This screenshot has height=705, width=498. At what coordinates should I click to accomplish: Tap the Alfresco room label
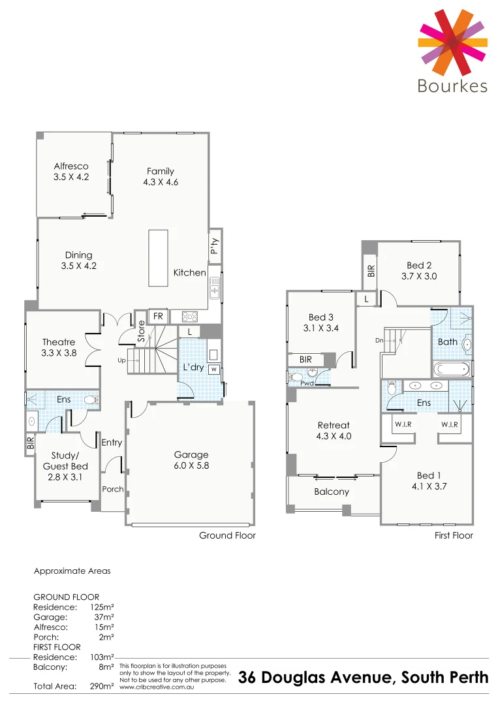tap(71, 166)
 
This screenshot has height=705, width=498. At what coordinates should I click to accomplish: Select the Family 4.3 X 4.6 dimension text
tap(161, 183)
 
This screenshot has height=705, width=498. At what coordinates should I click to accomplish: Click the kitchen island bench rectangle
tap(158, 251)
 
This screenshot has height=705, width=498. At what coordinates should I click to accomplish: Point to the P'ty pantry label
tap(215, 246)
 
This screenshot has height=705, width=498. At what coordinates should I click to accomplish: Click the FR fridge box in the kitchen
tap(158, 317)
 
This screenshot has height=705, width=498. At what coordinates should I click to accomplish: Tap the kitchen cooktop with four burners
tap(190, 317)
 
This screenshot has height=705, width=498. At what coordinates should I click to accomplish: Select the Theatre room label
tap(59, 342)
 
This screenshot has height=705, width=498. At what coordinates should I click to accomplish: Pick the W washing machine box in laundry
tap(213, 368)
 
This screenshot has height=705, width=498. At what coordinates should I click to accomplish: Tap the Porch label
tap(113, 489)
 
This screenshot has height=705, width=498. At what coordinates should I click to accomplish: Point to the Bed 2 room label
tap(419, 266)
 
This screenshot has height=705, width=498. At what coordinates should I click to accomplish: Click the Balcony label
tap(332, 492)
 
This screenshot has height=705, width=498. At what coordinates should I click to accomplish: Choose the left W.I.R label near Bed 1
tap(402, 424)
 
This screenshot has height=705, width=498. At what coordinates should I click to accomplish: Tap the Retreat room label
tap(334, 425)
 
